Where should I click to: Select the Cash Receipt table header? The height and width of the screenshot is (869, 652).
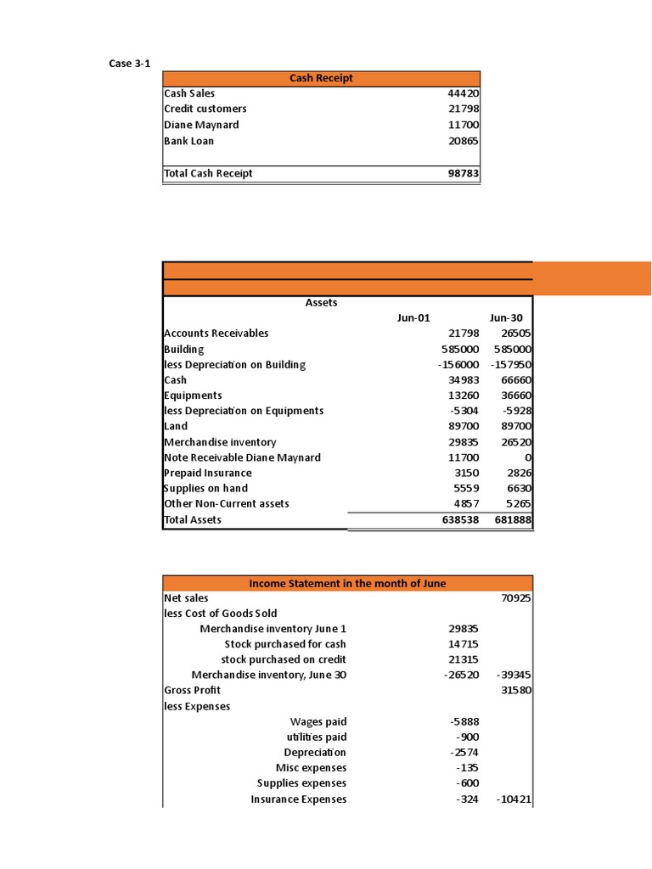pyautogui.click(x=321, y=78)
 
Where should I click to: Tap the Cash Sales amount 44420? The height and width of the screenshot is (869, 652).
pyautogui.click(x=464, y=93)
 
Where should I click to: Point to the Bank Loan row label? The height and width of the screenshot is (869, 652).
pyautogui.click(x=188, y=141)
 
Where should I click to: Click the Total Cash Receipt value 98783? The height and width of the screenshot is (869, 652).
pyautogui.click(x=464, y=173)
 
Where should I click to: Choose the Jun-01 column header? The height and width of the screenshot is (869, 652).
pyautogui.click(x=413, y=318)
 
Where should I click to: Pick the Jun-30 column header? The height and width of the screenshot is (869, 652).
pyautogui.click(x=506, y=318)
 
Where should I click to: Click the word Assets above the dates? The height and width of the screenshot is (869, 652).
pyautogui.click(x=321, y=302)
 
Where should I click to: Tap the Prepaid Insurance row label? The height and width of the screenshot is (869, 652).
pyautogui.click(x=207, y=473)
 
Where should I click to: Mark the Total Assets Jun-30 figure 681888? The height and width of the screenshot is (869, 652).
pyautogui.click(x=513, y=519)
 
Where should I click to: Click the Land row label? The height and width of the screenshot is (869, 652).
pyautogui.click(x=177, y=426)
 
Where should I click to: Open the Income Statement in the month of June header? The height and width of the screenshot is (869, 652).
pyautogui.click(x=347, y=583)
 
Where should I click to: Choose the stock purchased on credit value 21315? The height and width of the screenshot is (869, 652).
pyautogui.click(x=464, y=659)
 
